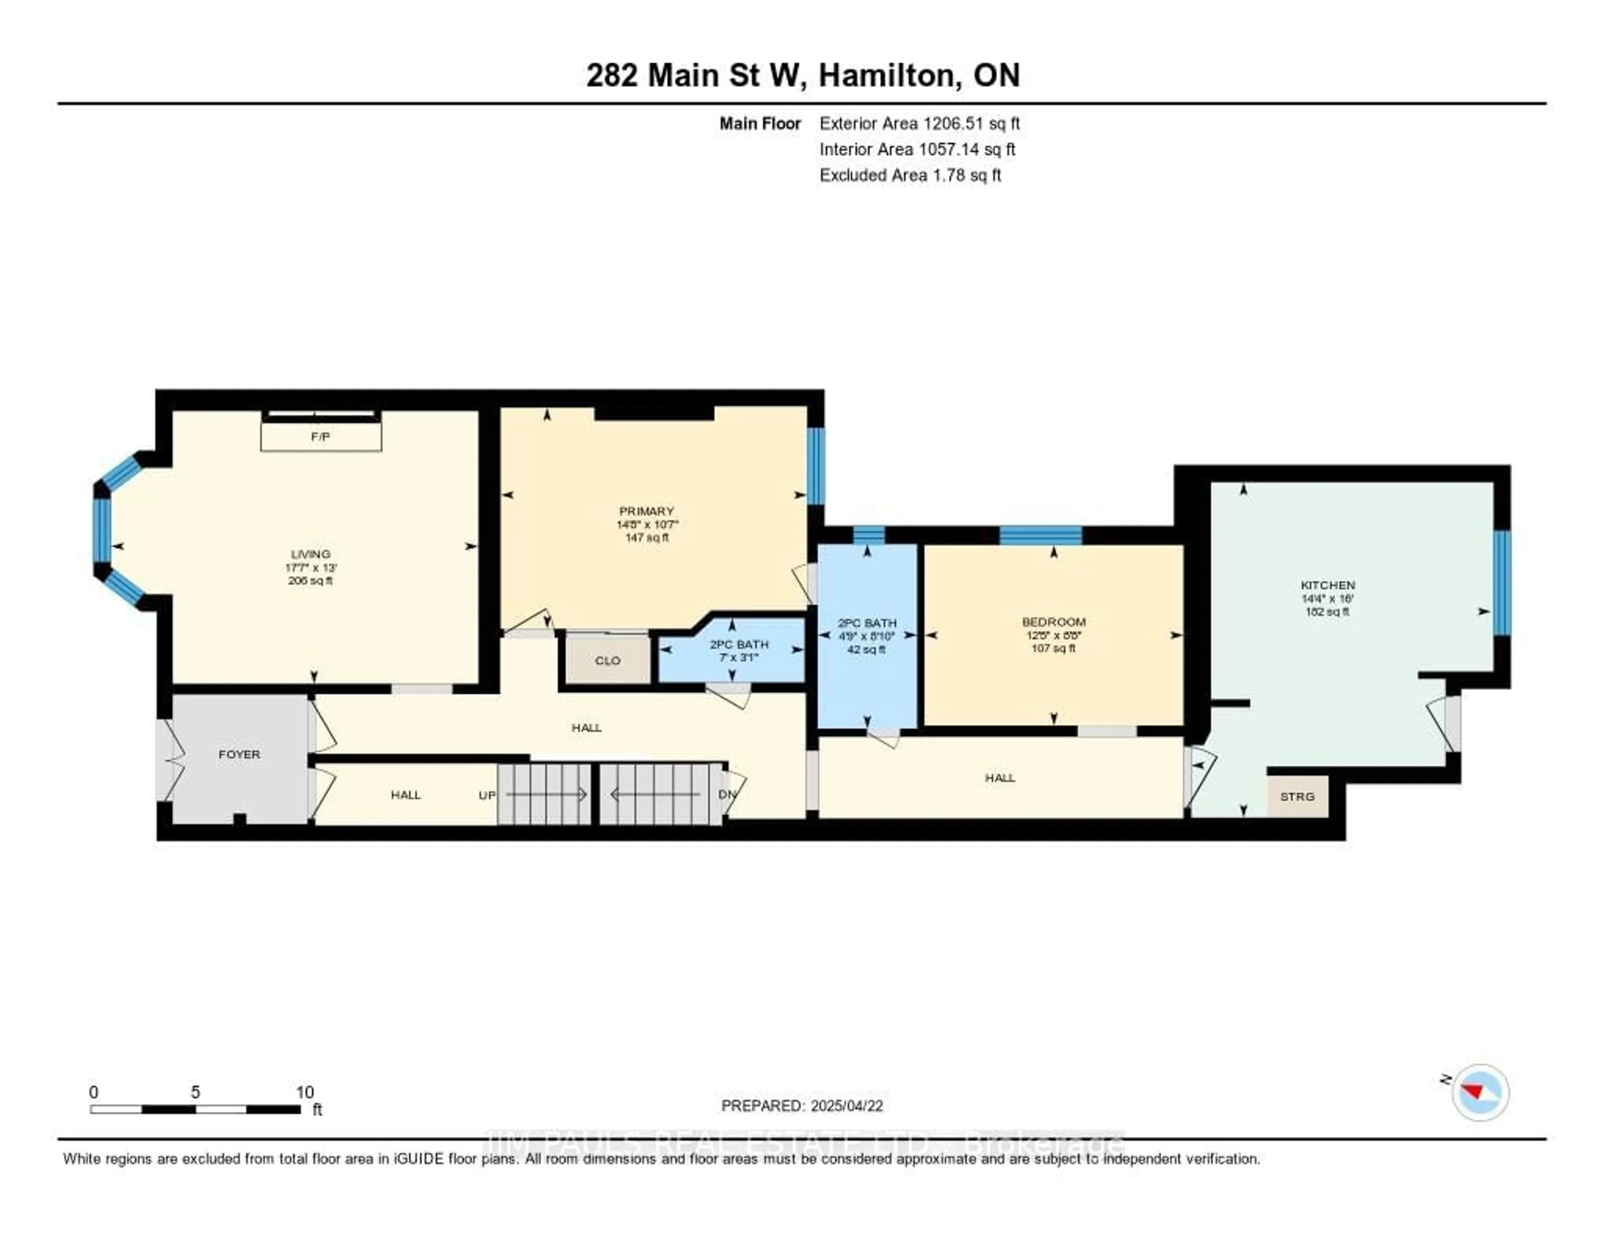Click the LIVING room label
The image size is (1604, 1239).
coord(311,554)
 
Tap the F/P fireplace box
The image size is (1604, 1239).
coord(321,436)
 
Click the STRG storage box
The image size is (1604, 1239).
coord(1297,796)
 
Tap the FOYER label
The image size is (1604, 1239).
coord(239,754)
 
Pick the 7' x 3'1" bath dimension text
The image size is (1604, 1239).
coord(739,658)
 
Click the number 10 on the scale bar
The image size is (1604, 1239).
coord(305,1092)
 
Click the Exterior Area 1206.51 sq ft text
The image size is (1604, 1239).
coord(919,123)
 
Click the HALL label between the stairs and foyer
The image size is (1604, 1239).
coord(406,795)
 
